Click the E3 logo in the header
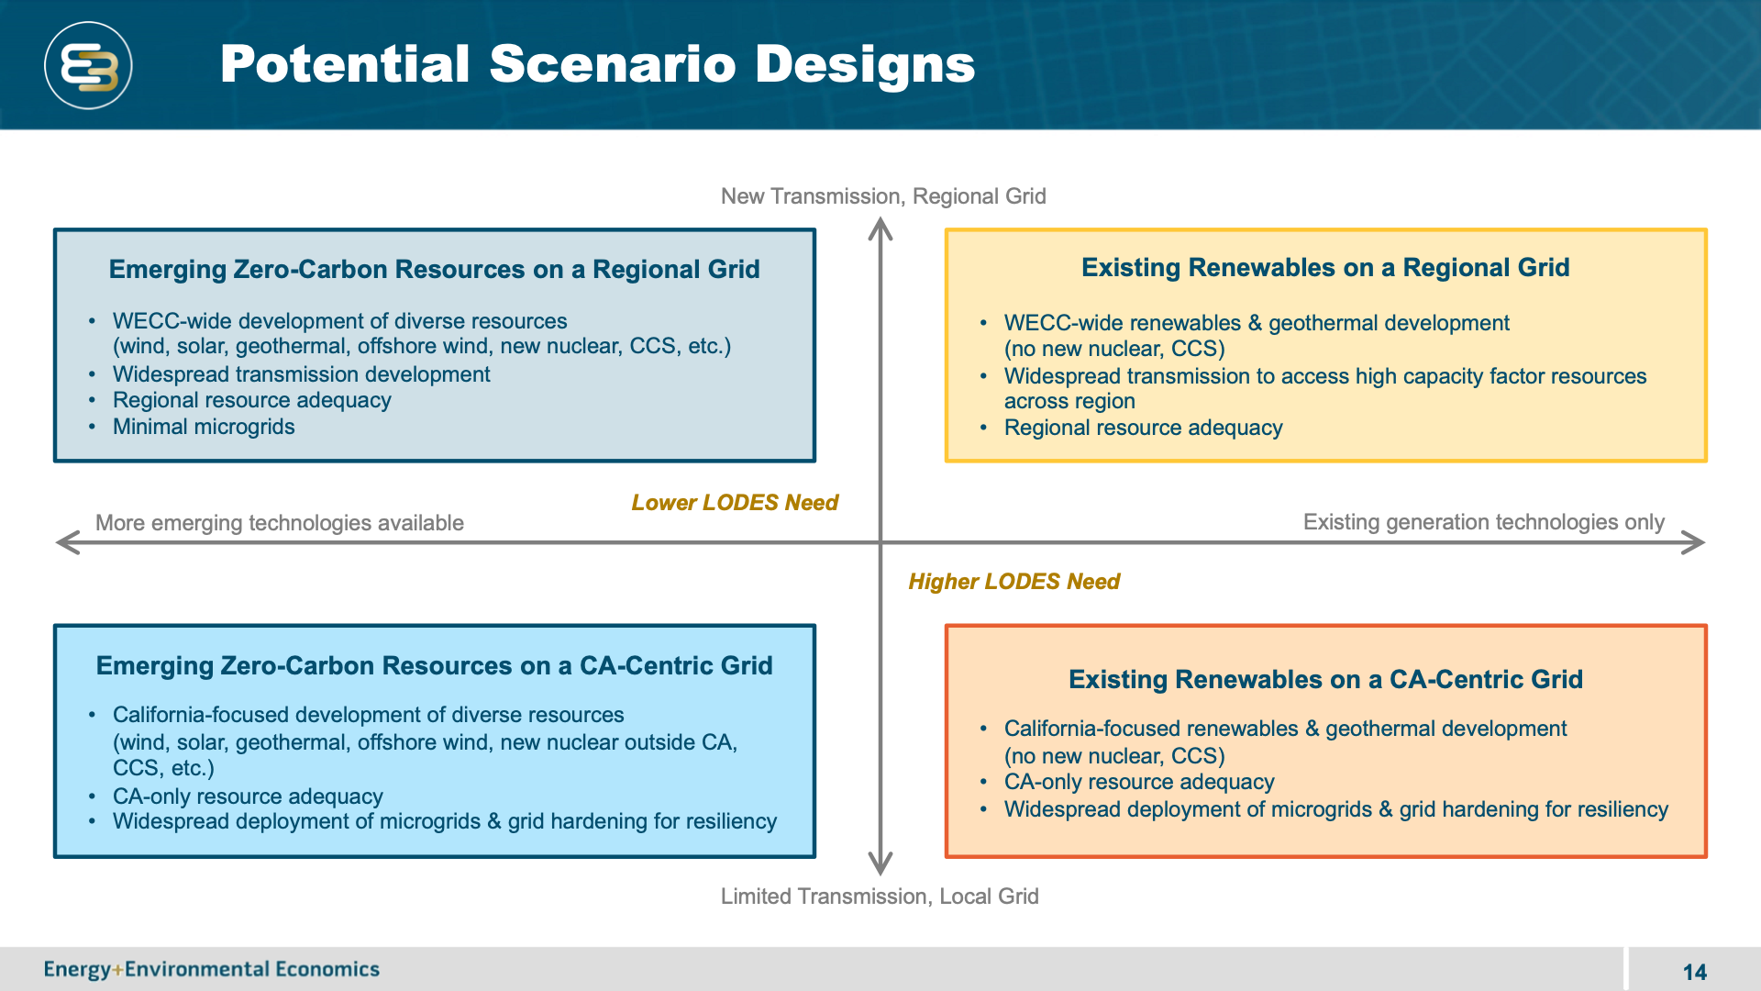88,66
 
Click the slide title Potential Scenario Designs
597,64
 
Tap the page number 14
1694,972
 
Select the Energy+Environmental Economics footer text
212,969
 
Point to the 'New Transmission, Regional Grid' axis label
883,196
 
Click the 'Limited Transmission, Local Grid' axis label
880,896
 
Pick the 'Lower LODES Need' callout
735,503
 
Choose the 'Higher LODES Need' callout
1013,582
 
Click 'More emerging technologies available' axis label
280,523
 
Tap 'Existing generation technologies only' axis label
1483,522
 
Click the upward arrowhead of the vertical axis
880,228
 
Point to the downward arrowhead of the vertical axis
880,863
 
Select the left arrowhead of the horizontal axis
67,542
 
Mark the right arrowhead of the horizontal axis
1694,542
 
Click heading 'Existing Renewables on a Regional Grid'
1325,268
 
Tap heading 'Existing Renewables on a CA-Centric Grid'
1325,679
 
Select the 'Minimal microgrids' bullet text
204,427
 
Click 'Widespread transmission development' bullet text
301,374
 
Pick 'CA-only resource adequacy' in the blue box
248,796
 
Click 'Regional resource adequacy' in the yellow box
1143,428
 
